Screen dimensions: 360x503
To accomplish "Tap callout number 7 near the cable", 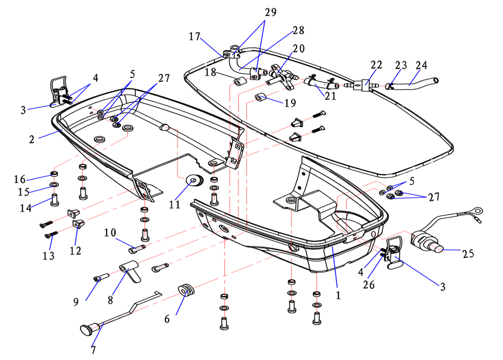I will click(93, 349).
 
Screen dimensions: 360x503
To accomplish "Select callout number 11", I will click(175, 205).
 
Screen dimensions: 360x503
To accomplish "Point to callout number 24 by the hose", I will click(421, 65).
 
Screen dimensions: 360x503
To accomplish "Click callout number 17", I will click(194, 37).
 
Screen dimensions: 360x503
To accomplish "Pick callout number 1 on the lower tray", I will click(338, 295).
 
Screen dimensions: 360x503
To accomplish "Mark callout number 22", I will click(376, 65).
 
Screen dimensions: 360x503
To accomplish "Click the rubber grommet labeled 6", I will click(186, 290).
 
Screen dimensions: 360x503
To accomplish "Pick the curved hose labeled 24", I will click(423, 85).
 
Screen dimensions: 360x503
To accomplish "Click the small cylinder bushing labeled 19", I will click(261, 99).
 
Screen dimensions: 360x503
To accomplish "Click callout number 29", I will click(271, 12).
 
